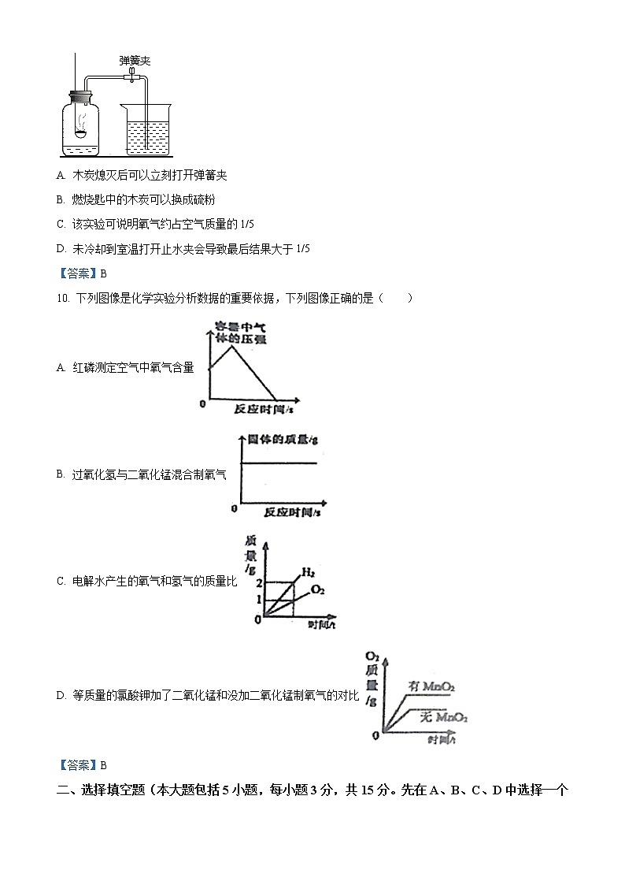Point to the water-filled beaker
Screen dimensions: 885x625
pos(146,132)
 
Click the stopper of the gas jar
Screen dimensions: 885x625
pos(80,99)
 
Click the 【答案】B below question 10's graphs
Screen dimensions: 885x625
pos(82,764)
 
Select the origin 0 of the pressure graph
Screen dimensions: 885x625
pos(203,403)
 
